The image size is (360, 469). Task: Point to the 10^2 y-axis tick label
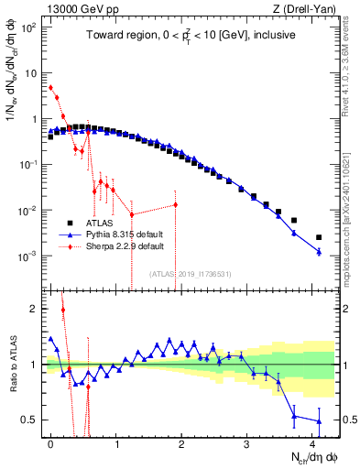29,27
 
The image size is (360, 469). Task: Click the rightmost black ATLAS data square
319,237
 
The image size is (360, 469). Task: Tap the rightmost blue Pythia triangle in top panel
319,251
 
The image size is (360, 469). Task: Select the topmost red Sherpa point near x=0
50,88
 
